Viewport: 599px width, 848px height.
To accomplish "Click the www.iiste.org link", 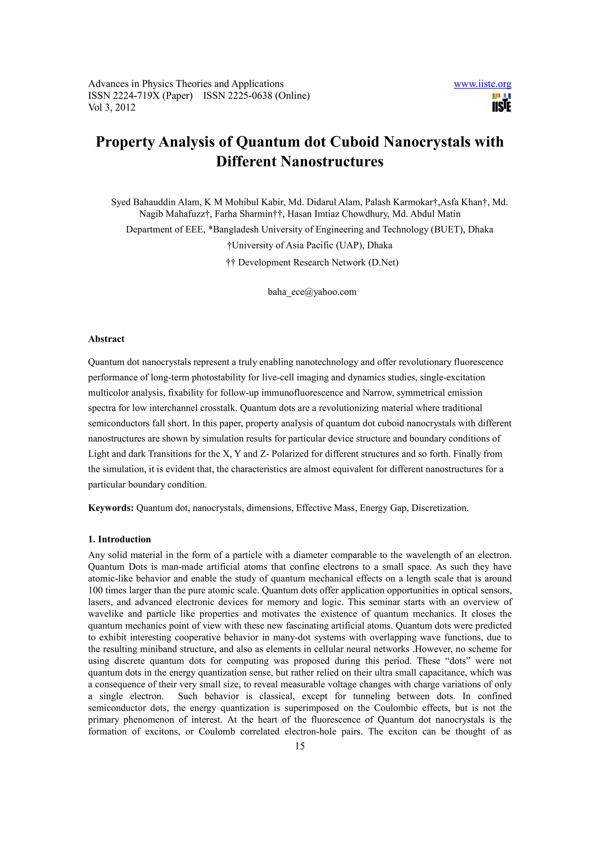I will click(x=482, y=84).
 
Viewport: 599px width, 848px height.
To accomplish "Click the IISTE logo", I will click(x=501, y=103).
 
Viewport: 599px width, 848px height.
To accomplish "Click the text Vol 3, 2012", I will click(x=111, y=107).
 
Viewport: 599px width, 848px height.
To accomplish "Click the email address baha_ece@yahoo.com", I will click(x=312, y=292).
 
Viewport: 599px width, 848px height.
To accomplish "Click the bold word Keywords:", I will click(x=111, y=508).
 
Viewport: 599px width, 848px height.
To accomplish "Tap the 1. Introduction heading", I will click(x=119, y=539).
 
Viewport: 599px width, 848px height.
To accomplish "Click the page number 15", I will click(x=300, y=746).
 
